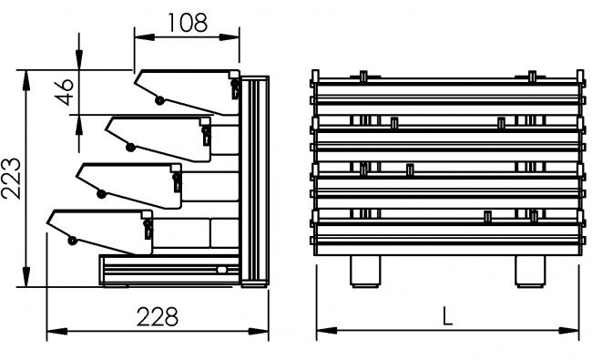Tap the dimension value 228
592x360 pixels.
point(157,316)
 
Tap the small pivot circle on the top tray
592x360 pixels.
point(160,99)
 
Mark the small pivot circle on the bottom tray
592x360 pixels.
point(72,241)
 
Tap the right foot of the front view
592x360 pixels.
point(529,271)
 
